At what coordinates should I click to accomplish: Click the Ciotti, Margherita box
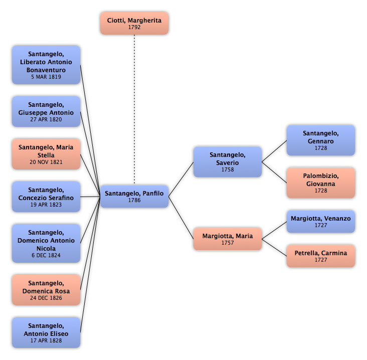click(x=134, y=24)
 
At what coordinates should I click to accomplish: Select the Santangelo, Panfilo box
click(x=134, y=197)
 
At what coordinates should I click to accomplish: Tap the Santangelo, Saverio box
click(x=228, y=162)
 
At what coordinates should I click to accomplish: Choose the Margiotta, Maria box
click(x=228, y=239)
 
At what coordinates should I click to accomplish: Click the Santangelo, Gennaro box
click(x=321, y=140)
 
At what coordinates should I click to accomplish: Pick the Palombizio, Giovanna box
click(x=321, y=183)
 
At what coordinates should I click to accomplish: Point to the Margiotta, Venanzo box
click(x=321, y=222)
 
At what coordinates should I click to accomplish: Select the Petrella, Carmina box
click(x=321, y=256)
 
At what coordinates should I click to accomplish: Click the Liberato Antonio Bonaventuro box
click(x=46, y=65)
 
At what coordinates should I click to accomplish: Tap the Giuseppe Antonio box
click(x=46, y=112)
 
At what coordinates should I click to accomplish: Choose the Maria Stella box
click(x=46, y=154)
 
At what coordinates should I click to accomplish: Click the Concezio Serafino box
click(x=46, y=197)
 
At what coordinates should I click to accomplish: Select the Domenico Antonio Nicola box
click(x=46, y=244)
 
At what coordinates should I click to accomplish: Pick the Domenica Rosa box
click(x=46, y=290)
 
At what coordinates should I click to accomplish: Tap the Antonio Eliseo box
click(x=46, y=332)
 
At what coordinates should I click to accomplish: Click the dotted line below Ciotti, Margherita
click(x=134, y=110)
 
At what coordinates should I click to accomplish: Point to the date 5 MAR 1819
click(x=46, y=77)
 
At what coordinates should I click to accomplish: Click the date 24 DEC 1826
click(x=46, y=298)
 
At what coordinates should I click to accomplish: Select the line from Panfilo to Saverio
click(x=181, y=179)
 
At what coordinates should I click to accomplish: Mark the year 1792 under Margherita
click(x=134, y=27)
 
